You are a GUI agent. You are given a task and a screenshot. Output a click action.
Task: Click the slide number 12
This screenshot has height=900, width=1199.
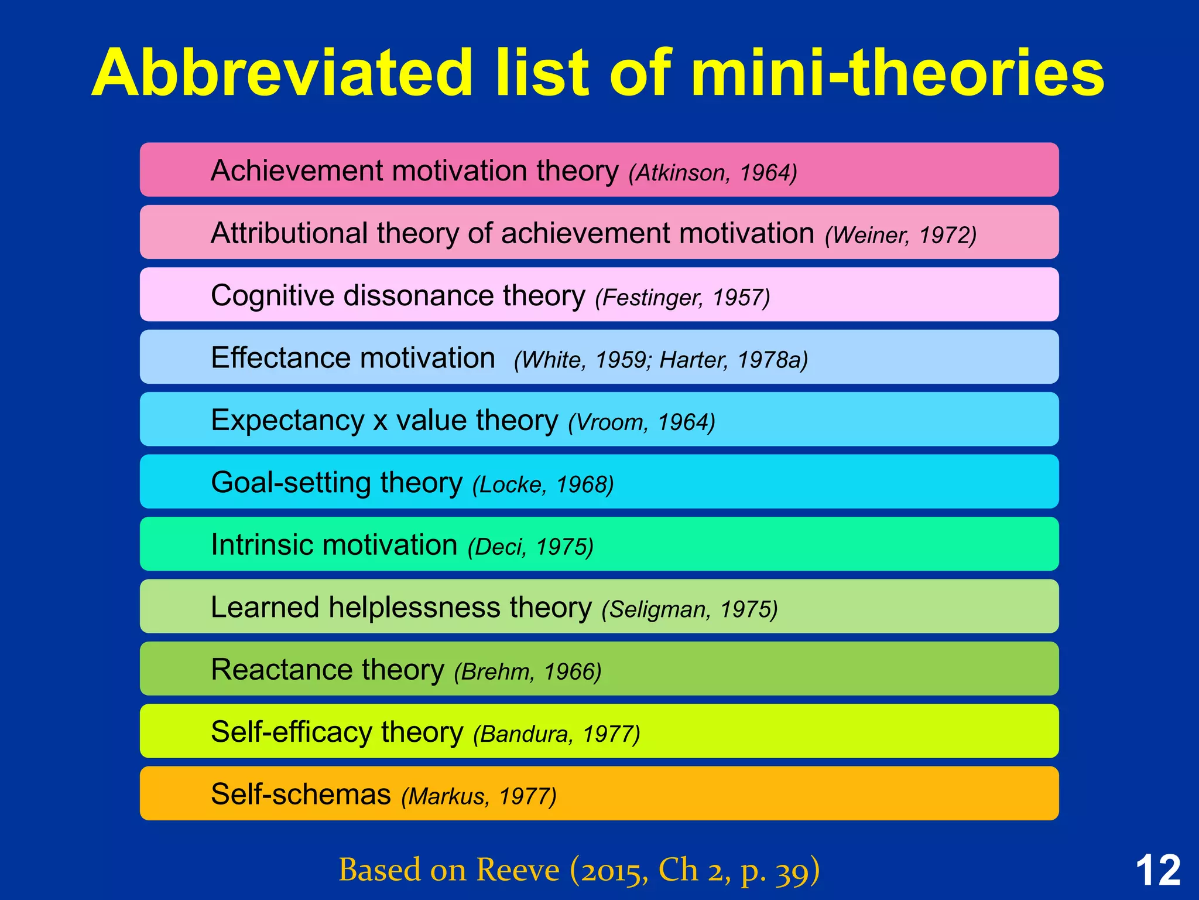pyautogui.click(x=1157, y=871)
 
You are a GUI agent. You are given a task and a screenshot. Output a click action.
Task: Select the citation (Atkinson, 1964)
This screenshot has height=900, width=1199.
pyautogui.click(x=712, y=173)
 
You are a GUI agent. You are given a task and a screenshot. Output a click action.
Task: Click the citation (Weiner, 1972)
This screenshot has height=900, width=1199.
pyautogui.click(x=900, y=236)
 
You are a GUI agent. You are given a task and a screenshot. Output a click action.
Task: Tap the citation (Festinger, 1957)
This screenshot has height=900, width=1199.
pyautogui.click(x=682, y=298)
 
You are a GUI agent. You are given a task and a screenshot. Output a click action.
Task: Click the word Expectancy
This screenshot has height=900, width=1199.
pyautogui.click(x=287, y=421)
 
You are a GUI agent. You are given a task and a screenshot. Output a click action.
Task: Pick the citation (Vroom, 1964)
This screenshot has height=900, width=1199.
pyautogui.click(x=641, y=422)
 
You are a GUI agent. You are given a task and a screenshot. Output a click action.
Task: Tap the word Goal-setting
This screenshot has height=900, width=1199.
pyautogui.click(x=290, y=483)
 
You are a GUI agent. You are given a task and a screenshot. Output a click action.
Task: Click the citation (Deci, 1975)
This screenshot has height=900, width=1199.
pyautogui.click(x=530, y=547)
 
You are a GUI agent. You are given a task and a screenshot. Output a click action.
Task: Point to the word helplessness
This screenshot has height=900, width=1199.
pyautogui.click(x=414, y=608)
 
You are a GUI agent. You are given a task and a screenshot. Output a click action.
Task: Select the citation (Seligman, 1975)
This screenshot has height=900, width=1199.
pyautogui.click(x=689, y=609)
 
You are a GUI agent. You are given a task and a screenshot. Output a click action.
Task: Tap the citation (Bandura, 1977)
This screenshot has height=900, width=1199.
pyautogui.click(x=556, y=734)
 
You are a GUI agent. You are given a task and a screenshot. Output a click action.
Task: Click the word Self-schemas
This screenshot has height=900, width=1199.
pyautogui.click(x=300, y=795)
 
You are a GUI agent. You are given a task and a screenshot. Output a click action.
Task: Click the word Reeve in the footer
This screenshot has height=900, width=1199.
pyautogui.click(x=517, y=870)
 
